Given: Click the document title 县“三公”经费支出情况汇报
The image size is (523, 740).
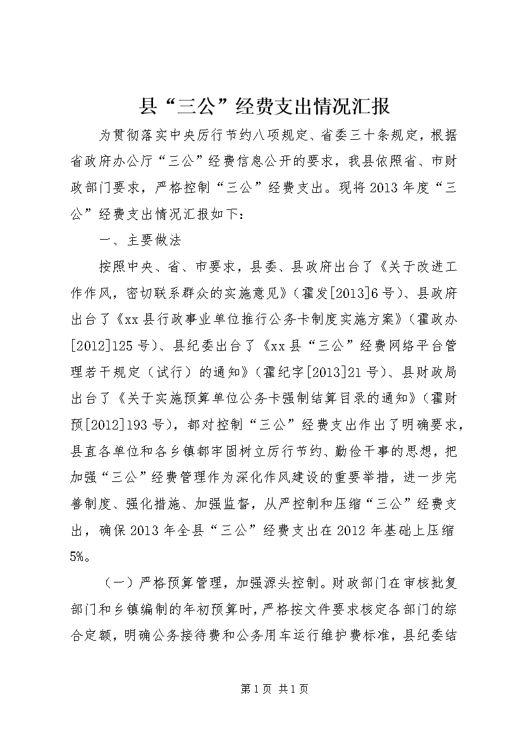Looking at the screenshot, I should [x=264, y=106].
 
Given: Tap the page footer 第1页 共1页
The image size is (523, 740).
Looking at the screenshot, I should [x=261, y=689].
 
